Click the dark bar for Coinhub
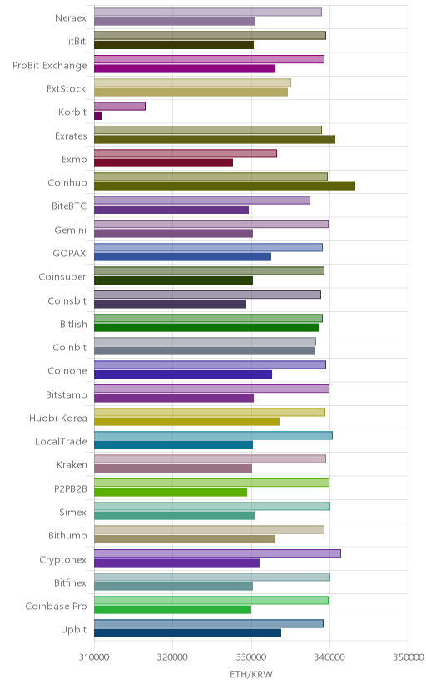pyautogui.click(x=225, y=186)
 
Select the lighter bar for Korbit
pyautogui.click(x=120, y=106)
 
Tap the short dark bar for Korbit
pyautogui.click(x=97, y=116)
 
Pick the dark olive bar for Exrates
pyautogui.click(x=215, y=139)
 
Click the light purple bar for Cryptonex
pyautogui.click(x=217, y=553)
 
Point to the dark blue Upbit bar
pyautogui.click(x=187, y=632)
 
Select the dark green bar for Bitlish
pyautogui.click(x=206, y=327)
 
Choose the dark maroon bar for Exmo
pyautogui.click(x=163, y=162)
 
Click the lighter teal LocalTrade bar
pyautogui.click(x=213, y=435)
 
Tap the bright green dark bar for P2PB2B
pyautogui.click(x=171, y=492)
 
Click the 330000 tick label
pyautogui.click(x=251, y=657)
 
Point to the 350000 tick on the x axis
pyautogui.click(x=409, y=657)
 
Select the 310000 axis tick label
pyautogui.click(x=94, y=657)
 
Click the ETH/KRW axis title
pyautogui.click(x=251, y=675)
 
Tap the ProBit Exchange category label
pyautogui.click(x=50, y=66)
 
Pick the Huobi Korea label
pyautogui.click(x=58, y=418)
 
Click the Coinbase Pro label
pyautogui.click(x=57, y=607)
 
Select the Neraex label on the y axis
pyautogui.click(x=71, y=18)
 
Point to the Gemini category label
pyautogui.click(x=70, y=230)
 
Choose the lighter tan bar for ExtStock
pyautogui.click(x=192, y=82)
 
